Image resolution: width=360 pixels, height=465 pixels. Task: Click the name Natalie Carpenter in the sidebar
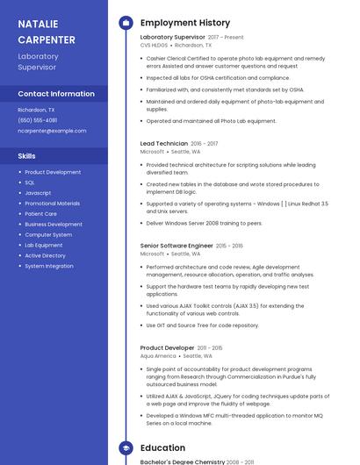click(x=47, y=32)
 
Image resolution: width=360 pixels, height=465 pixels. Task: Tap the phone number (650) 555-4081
click(x=38, y=120)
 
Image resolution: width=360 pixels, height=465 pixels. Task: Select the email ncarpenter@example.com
click(x=52, y=131)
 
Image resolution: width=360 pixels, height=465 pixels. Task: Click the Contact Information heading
click(x=56, y=94)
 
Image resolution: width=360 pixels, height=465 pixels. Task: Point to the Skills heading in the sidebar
click(x=26, y=155)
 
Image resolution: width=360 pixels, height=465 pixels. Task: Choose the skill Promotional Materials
click(x=52, y=204)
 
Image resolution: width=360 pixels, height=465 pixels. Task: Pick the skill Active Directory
click(x=45, y=255)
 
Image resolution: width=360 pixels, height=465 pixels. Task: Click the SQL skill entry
click(x=30, y=182)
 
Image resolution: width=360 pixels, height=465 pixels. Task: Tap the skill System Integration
click(x=49, y=266)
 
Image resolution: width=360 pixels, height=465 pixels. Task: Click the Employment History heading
click(x=185, y=23)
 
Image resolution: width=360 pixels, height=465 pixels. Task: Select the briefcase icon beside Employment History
click(x=125, y=23)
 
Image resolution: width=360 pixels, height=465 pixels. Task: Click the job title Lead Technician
click(x=164, y=143)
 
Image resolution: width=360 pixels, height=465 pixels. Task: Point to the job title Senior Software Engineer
click(x=176, y=246)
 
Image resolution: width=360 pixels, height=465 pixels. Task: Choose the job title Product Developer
click(x=167, y=348)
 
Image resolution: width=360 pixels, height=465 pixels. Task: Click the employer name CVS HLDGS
click(x=154, y=45)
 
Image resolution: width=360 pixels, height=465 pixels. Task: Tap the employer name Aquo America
click(x=158, y=356)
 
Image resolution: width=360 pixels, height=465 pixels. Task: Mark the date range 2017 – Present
click(x=226, y=38)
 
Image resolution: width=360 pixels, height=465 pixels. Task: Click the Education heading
click(x=162, y=448)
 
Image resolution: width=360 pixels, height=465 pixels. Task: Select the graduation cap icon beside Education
click(x=125, y=448)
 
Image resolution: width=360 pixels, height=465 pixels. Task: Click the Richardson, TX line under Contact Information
click(x=36, y=110)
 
